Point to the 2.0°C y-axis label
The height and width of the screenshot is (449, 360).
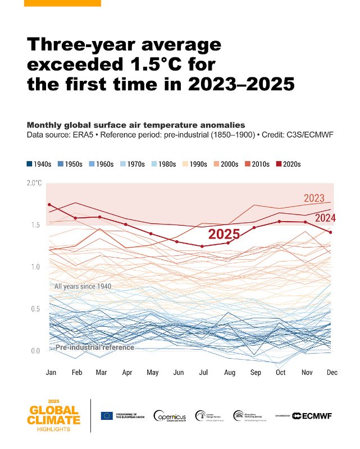(34, 183)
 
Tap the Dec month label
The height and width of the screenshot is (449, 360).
(331, 373)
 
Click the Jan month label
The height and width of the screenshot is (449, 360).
(50, 373)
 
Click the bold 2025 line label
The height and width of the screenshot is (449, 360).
(224, 235)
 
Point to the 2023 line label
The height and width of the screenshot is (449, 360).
(314, 198)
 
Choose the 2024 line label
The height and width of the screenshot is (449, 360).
(325, 218)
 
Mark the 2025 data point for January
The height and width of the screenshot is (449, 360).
(49, 205)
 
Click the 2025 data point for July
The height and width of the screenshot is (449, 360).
(202, 246)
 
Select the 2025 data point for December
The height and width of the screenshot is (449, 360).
(331, 232)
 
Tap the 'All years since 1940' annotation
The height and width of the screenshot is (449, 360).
(83, 286)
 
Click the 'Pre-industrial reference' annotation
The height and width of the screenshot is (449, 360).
(94, 347)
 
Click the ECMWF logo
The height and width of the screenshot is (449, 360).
(313, 415)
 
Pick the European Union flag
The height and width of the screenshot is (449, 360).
(107, 415)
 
